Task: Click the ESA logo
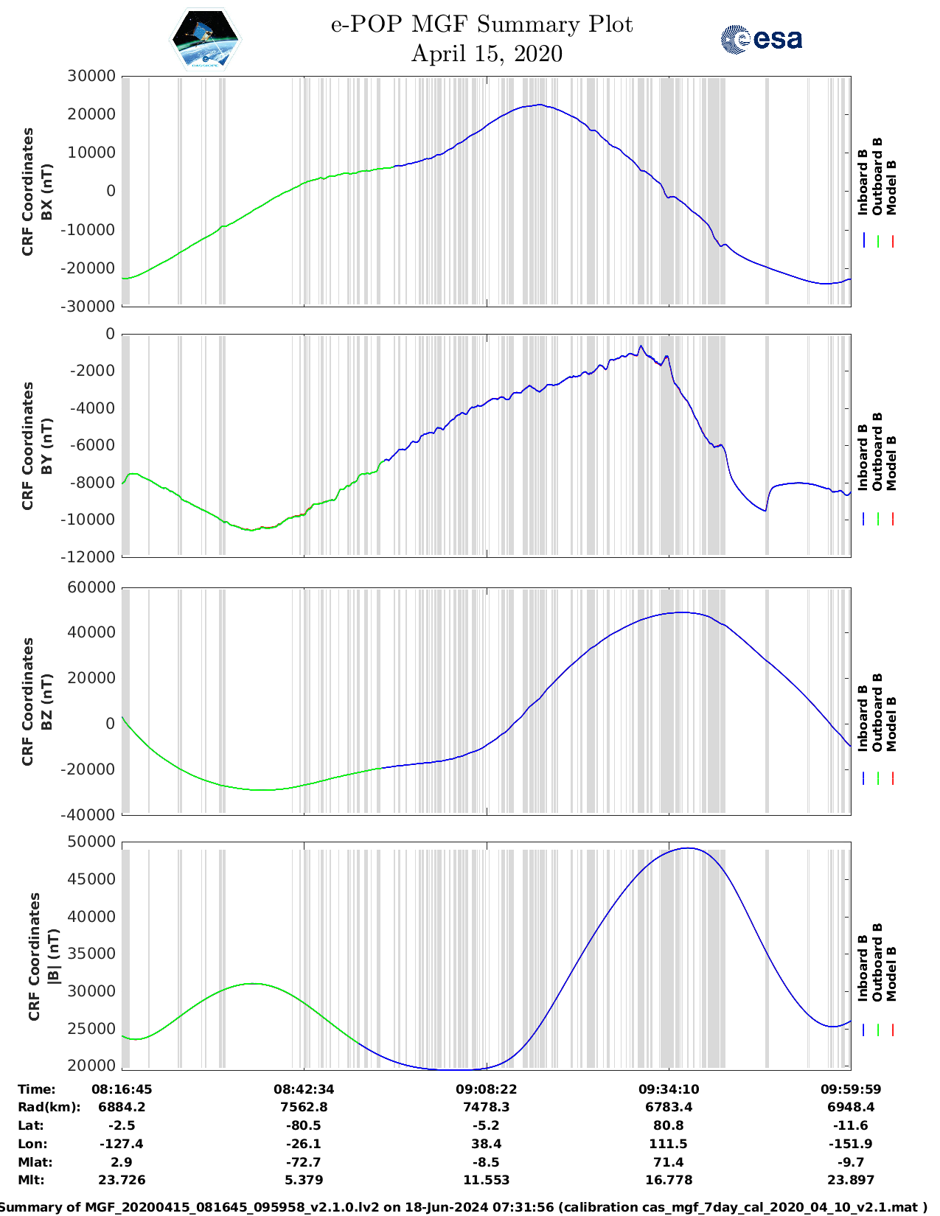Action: coord(762,39)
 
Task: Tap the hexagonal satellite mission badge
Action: coord(205,40)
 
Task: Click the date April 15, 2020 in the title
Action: coord(487,54)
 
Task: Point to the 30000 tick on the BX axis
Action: coord(91,76)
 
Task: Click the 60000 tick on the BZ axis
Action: coord(91,587)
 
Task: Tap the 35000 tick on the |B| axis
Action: coord(91,954)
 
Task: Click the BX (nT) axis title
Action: coord(47,192)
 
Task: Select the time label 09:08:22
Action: coord(487,1089)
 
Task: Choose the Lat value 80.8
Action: coord(669,1125)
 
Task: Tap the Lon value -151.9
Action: coord(851,1144)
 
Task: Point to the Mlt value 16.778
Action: coord(669,1180)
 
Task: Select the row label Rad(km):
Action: coord(49,1107)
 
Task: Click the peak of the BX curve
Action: coord(540,105)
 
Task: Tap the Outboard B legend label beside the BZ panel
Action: coord(877,712)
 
